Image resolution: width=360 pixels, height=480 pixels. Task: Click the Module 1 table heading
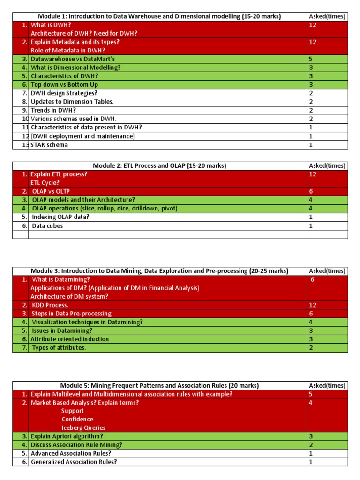pyautogui.click(x=159, y=16)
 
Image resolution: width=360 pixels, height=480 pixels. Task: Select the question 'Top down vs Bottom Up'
pyautogui.click(x=64, y=85)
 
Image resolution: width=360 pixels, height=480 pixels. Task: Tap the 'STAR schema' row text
pyautogui.click(x=49, y=145)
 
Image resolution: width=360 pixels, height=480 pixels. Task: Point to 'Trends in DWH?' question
pyautogui.click(x=53, y=110)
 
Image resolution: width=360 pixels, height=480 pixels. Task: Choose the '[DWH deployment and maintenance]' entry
pyautogui.click(x=82, y=136)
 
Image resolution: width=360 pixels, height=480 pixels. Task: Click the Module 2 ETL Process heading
pyautogui.click(x=160, y=166)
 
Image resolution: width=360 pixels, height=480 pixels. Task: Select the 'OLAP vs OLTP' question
pyautogui.click(x=52, y=191)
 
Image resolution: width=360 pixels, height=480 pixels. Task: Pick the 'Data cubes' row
pyautogui.click(x=47, y=226)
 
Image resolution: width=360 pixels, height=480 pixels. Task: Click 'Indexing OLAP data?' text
pyautogui.click(x=60, y=217)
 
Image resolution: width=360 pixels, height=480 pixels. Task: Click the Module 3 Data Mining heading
pyautogui.click(x=159, y=271)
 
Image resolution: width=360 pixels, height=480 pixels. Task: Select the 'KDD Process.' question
pyautogui.click(x=50, y=305)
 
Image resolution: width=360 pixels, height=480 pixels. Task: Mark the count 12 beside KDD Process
pyautogui.click(x=313, y=305)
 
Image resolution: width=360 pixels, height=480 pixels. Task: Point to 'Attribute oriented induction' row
pyautogui.click(x=69, y=339)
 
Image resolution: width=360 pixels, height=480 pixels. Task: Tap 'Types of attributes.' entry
pyautogui.click(x=59, y=348)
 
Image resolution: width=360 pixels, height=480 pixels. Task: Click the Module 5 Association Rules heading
pyautogui.click(x=159, y=386)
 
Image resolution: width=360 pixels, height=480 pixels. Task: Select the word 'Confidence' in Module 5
pyautogui.click(x=77, y=420)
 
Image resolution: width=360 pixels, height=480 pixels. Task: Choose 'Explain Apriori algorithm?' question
pyautogui.click(x=67, y=436)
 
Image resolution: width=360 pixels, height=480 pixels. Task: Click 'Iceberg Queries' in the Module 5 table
pyautogui.click(x=83, y=428)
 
